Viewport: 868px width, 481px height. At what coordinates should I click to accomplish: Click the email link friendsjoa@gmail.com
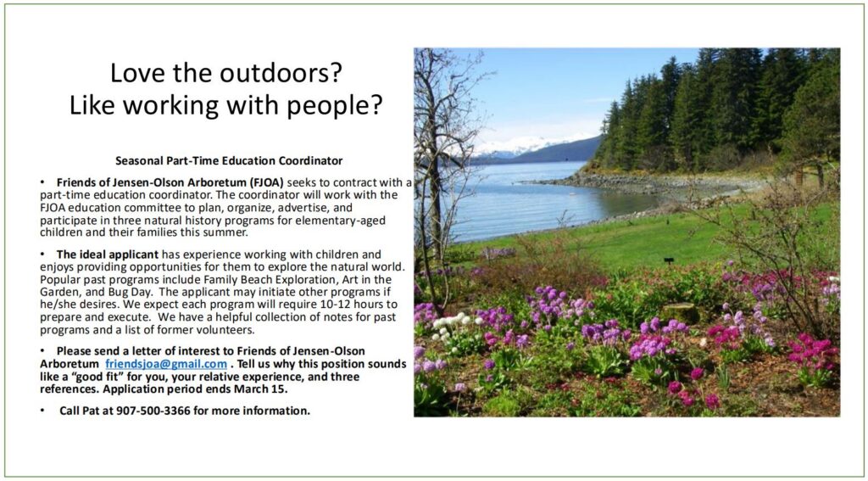166,364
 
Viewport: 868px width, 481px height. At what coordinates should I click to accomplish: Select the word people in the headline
337,105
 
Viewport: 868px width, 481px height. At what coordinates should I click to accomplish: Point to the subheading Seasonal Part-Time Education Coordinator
229,160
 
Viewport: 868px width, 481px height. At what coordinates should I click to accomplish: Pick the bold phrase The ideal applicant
108,254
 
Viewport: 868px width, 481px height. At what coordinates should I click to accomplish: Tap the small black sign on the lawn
669,260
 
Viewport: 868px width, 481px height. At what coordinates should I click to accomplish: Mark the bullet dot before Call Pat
42,411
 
